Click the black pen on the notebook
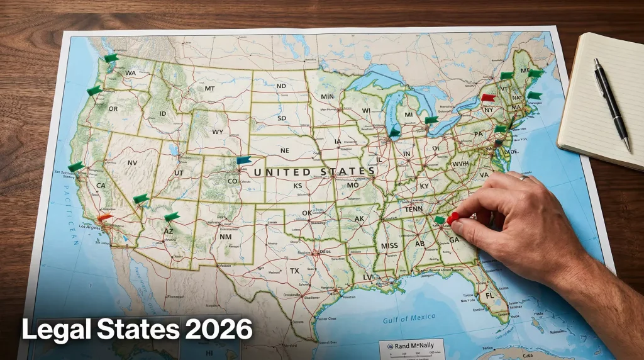coord(612,104)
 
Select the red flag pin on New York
coord(488,98)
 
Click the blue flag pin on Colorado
coord(243,160)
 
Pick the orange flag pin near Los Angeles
coord(104,218)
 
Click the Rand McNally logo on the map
coord(413,346)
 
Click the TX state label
coord(294,271)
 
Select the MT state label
coord(209,89)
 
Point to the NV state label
coord(132,162)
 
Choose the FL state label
coord(489,296)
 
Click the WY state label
coord(218,132)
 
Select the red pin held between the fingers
coord(453,218)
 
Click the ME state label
coord(525,70)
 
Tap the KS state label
coord(297,186)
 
